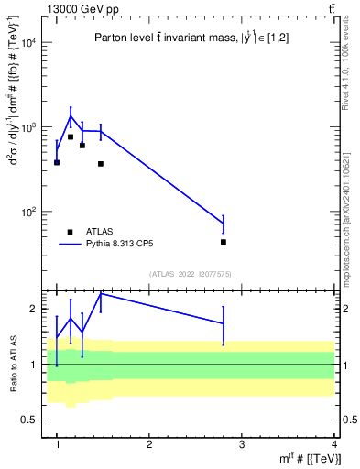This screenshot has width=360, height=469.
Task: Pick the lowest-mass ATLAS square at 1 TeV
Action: click(57, 162)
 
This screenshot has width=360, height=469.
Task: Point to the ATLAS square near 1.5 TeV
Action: click(101, 164)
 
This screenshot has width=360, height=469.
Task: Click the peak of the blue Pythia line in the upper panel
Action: click(71, 116)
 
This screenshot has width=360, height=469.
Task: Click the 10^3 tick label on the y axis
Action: click(30, 127)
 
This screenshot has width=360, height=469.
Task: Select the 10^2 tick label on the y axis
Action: click(30, 212)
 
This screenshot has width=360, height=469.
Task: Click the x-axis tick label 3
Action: click(242, 444)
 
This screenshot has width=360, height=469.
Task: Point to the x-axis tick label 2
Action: click(149, 444)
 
